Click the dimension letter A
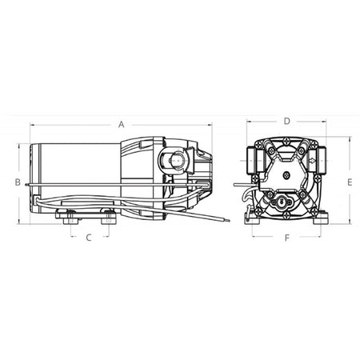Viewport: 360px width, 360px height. [121, 124]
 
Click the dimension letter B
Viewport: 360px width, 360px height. [17, 182]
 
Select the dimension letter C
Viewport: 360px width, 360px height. [89, 238]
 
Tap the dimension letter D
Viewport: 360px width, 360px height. [286, 121]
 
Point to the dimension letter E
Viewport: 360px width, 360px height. [350, 182]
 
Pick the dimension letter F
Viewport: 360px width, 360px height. [286, 238]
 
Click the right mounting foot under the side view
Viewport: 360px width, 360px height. [106, 215]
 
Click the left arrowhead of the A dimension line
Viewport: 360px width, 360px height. [32, 124]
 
